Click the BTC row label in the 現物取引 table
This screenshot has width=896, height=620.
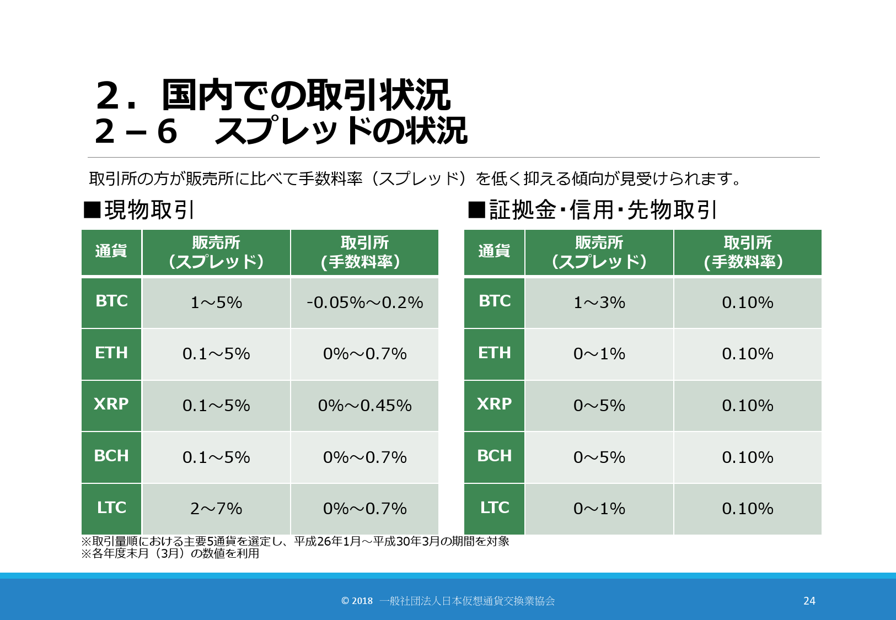pyautogui.click(x=111, y=301)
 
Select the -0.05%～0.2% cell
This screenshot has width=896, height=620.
pyautogui.click(x=364, y=303)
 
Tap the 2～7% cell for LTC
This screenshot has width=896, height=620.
pyautogui.click(x=216, y=509)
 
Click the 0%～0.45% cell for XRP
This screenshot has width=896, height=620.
pyautogui.click(x=364, y=406)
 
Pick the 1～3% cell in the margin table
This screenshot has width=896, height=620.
pyautogui.click(x=599, y=303)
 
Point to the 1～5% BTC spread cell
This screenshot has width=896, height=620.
pyautogui.click(x=216, y=303)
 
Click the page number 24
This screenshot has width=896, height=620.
pyautogui.click(x=809, y=601)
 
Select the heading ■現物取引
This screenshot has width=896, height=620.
pyautogui.click(x=138, y=210)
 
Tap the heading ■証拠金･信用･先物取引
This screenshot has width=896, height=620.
pyautogui.click(x=593, y=210)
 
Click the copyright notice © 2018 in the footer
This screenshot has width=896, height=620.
pyautogui.click(x=357, y=601)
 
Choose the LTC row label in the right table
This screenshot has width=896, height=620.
pyautogui.click(x=495, y=508)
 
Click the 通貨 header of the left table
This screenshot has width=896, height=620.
pyautogui.click(x=111, y=252)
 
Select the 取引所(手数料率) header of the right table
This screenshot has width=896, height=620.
pyautogui.click(x=747, y=252)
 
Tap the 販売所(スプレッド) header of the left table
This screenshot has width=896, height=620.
pyautogui.click(x=216, y=252)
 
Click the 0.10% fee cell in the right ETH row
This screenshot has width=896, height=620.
pyautogui.click(x=747, y=354)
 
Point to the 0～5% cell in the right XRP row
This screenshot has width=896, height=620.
pyautogui.click(x=599, y=406)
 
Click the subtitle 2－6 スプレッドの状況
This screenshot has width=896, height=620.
pyautogui.click(x=281, y=131)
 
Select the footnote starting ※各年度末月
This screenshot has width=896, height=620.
pyautogui.click(x=170, y=553)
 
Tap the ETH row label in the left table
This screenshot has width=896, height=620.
pyautogui.click(x=111, y=353)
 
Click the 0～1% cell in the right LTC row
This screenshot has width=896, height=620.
pyautogui.click(x=599, y=509)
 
